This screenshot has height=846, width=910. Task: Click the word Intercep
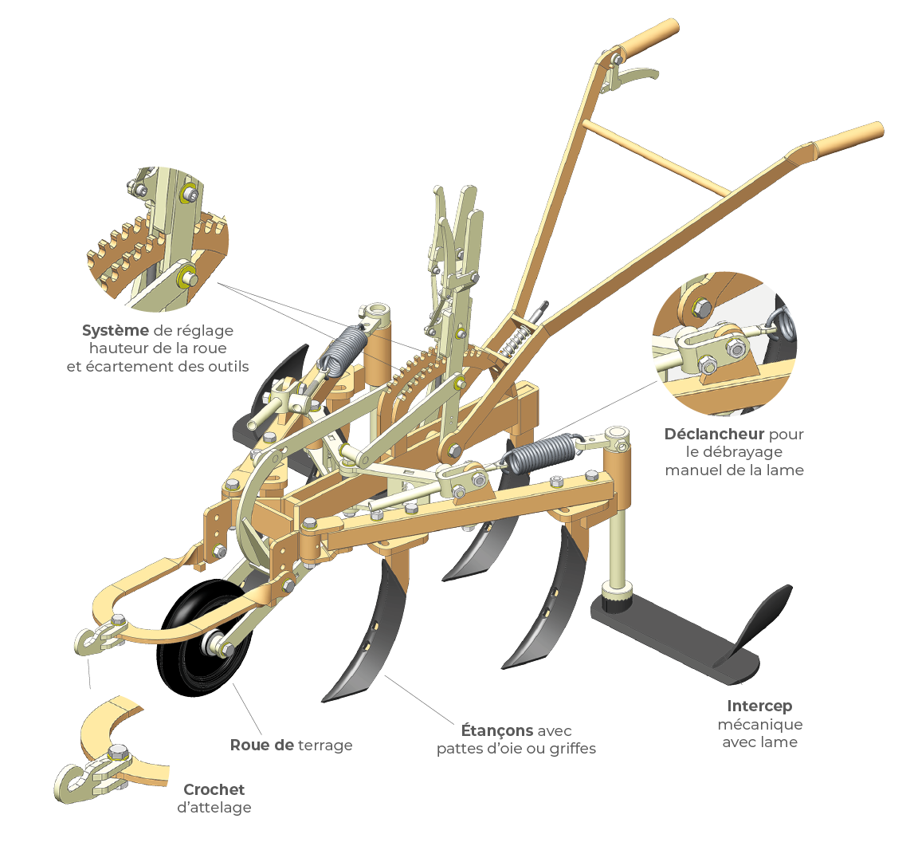pyautogui.click(x=759, y=706)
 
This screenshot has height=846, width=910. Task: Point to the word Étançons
pyautogui.click(x=497, y=730)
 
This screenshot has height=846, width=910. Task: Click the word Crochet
pyautogui.click(x=214, y=789)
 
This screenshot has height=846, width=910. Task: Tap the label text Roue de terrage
pyautogui.click(x=291, y=746)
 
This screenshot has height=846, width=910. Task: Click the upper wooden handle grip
pyautogui.click(x=649, y=38)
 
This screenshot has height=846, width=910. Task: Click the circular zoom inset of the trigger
pyautogui.click(x=724, y=344)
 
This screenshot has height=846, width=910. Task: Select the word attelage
pyautogui.click(x=214, y=808)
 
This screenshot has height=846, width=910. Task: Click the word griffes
pyautogui.click(x=571, y=749)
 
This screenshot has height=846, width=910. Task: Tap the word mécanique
pyautogui.click(x=759, y=725)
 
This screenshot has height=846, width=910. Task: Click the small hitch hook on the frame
pyautogui.click(x=96, y=639)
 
